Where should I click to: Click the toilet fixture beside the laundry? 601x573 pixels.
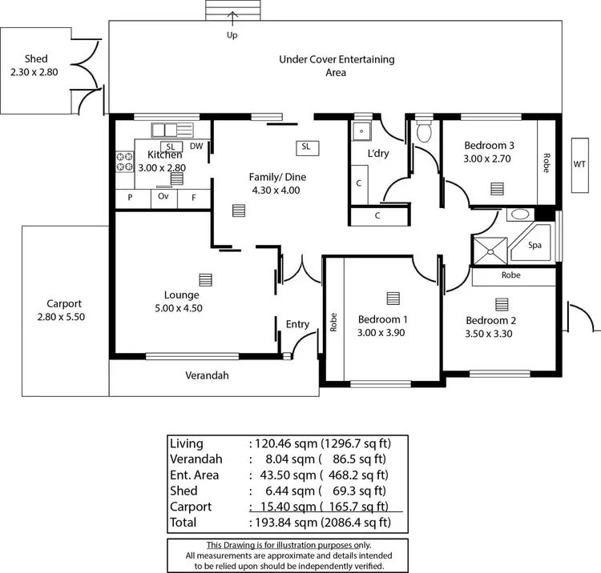[x=424, y=132]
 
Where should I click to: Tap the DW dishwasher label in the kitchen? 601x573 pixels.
[x=196, y=146]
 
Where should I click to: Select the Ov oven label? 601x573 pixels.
[x=163, y=196]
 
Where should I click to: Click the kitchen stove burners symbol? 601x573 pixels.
[x=124, y=162]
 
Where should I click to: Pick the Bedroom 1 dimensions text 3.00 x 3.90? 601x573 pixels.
[x=381, y=333]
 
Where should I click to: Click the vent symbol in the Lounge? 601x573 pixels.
[x=206, y=279]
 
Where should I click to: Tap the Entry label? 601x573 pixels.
[x=297, y=324]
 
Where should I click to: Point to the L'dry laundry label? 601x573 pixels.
[x=377, y=153]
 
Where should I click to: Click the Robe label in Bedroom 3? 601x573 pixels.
[x=547, y=164]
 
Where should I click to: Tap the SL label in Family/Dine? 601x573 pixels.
[x=306, y=147]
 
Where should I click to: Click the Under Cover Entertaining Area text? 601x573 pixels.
[x=336, y=66]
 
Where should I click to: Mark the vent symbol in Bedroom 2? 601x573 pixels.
[x=502, y=304]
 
